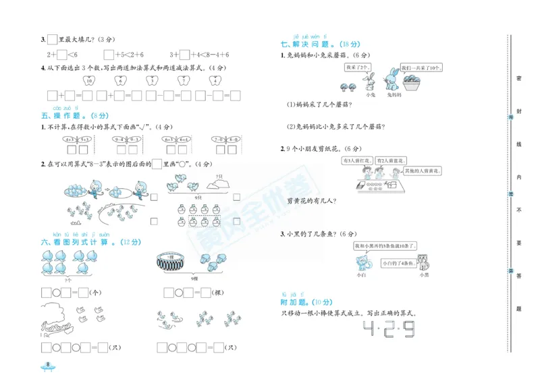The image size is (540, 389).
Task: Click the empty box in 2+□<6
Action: pos(61,54)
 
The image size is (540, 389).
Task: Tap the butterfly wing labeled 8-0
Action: pos(234,139)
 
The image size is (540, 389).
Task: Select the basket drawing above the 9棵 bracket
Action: pos(174,260)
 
